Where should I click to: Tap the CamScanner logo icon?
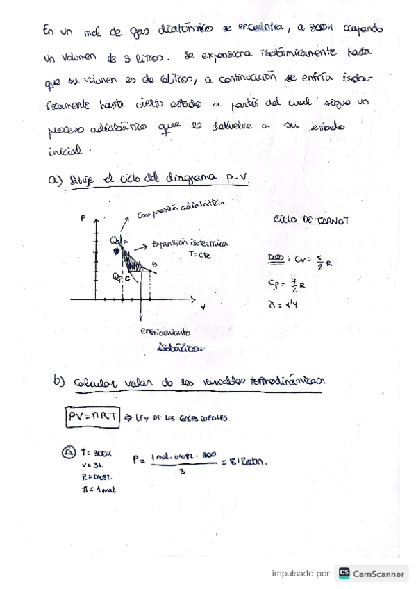coord(344,574)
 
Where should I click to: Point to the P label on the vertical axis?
coord(84,218)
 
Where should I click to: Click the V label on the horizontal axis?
coord(203,305)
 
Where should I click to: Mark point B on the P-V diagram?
coord(153,264)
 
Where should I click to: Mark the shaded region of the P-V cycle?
coord(133,258)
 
